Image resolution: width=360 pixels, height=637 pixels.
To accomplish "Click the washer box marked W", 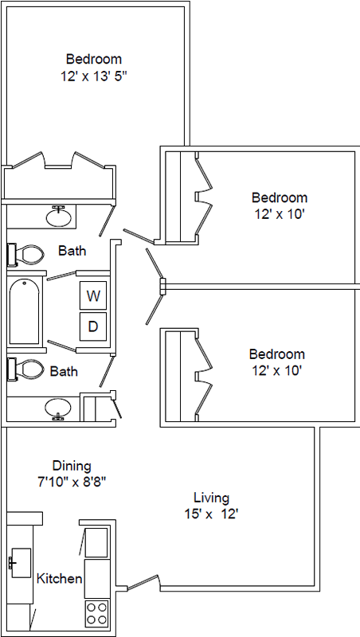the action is [93, 295].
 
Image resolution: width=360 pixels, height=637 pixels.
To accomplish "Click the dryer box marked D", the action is [93, 326].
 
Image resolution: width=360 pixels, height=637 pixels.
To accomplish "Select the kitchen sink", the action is [21, 563].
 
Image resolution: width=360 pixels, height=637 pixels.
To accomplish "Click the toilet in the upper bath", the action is [25, 255].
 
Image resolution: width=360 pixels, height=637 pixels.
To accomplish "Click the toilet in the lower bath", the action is [25, 369].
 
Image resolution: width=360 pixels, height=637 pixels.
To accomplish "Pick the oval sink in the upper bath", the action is [59, 217].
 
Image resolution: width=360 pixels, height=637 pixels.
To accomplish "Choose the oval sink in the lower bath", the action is [58, 408].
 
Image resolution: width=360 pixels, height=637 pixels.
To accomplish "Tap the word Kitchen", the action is [59, 578].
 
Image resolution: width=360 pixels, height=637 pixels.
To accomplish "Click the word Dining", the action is [72, 465].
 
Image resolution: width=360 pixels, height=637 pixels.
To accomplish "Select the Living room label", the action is [211, 498].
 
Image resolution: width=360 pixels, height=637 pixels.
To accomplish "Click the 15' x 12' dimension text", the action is [211, 514].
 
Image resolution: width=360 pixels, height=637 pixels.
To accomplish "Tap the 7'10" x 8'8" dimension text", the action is [71, 482].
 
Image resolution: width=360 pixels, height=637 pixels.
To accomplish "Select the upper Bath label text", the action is [72, 250].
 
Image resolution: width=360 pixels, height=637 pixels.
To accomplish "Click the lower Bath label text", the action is [64, 371].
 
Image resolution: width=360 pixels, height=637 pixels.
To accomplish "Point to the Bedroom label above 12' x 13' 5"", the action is [94, 59].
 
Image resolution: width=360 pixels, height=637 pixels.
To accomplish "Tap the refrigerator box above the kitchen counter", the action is [96, 543].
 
